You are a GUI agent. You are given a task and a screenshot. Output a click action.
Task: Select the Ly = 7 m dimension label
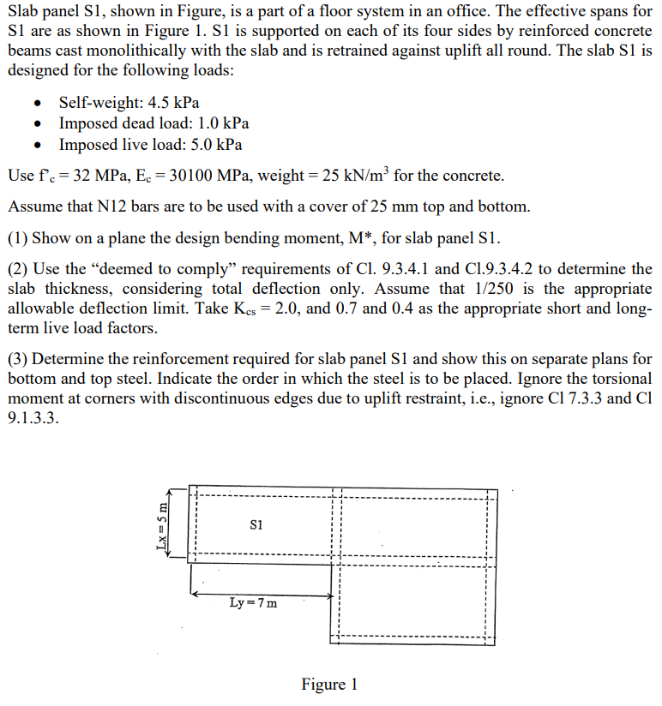[x=253, y=602]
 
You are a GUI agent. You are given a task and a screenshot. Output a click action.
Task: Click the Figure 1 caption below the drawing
[x=329, y=685]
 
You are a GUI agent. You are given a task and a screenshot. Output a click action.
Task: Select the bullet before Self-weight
[x=37, y=104]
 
